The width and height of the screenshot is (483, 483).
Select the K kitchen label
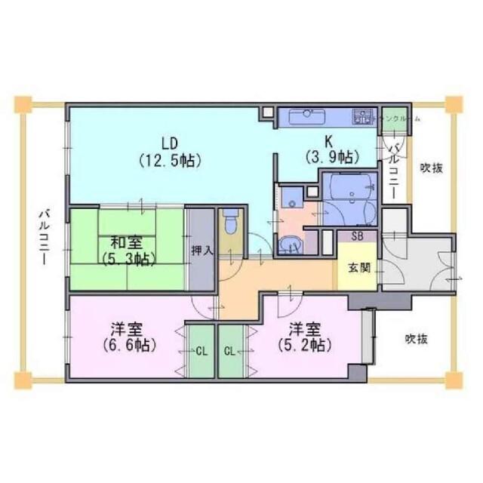click(329, 140)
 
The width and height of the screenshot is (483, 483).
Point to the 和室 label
click(127, 243)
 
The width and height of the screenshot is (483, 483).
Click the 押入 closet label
click(200, 250)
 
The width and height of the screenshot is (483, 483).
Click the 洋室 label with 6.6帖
click(128, 330)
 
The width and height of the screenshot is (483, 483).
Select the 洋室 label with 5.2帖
click(305, 330)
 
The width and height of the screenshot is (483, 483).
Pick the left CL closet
click(202, 350)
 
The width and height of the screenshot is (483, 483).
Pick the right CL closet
click(231, 350)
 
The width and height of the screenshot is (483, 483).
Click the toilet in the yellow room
click(232, 223)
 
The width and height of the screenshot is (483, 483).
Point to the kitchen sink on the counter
click(307, 118)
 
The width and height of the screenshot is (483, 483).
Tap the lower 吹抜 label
click(416, 339)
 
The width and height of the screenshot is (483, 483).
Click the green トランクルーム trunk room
click(392, 119)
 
